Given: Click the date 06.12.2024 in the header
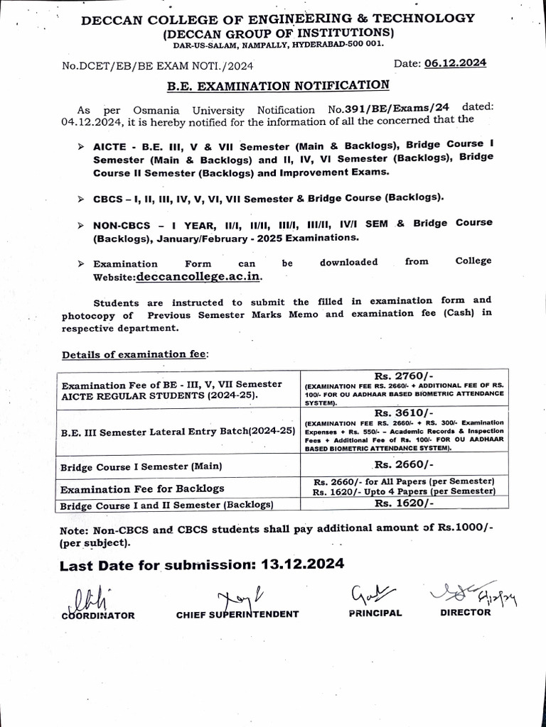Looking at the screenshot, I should pyautogui.click(x=455, y=63).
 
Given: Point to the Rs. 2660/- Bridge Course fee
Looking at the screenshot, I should pyautogui.click(x=404, y=464).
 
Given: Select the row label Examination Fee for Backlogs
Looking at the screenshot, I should pyautogui.click(x=142, y=488).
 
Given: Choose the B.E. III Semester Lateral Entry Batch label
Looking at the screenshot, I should pyautogui.click(x=178, y=431).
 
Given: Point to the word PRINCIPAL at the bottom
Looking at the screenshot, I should pyautogui.click(x=375, y=613).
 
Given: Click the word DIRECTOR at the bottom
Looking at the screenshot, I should pyautogui.click(x=466, y=612).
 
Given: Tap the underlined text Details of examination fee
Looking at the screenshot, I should pyautogui.click(x=134, y=354).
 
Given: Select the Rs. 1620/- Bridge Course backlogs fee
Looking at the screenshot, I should pyautogui.click(x=403, y=503).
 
